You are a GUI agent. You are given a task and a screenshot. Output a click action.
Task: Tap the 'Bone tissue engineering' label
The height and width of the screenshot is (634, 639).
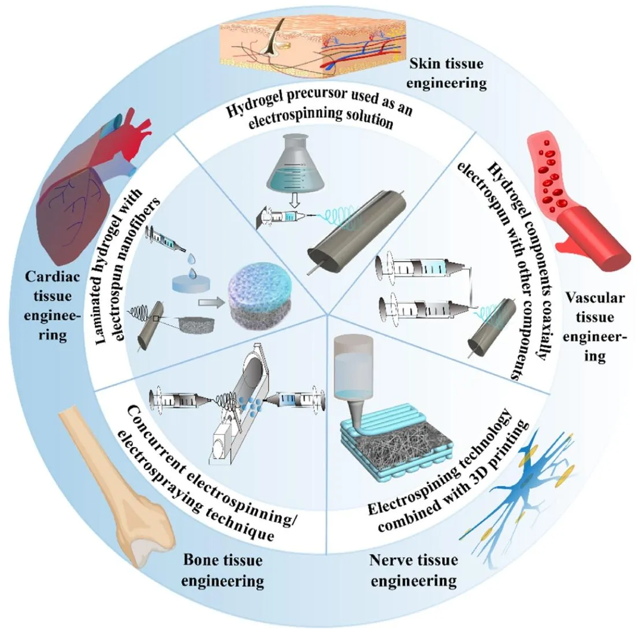click(x=223, y=570)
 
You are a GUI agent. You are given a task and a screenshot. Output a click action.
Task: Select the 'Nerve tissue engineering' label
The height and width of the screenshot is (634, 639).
click(x=414, y=570)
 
